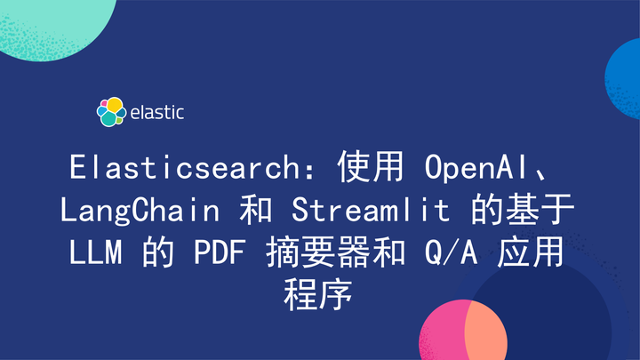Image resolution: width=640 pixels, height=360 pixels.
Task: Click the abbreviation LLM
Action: (97, 253)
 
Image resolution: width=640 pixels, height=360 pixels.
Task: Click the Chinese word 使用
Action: (368, 168)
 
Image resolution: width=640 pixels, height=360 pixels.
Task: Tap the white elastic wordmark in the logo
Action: (157, 113)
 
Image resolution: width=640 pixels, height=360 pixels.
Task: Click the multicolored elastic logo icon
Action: (109, 112)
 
